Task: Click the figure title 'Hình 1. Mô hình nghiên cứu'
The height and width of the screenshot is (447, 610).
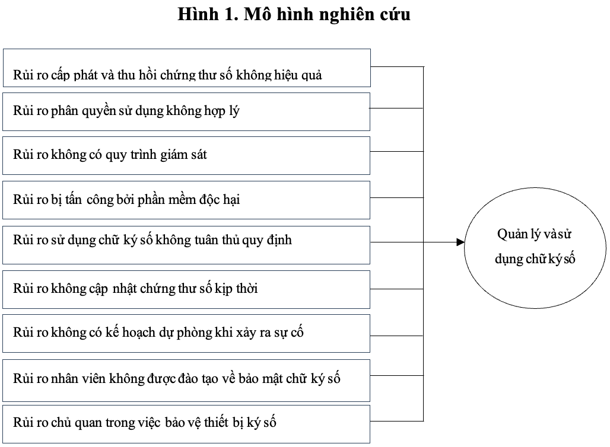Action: point(294,14)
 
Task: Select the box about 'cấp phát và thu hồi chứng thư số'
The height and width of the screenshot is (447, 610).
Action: point(187,68)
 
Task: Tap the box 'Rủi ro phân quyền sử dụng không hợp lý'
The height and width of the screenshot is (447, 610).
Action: point(186,112)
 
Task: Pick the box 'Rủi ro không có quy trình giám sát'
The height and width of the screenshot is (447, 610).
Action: point(186,155)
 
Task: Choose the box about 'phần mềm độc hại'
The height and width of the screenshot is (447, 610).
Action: point(186,200)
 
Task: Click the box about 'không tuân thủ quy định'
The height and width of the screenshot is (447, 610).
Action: point(186,245)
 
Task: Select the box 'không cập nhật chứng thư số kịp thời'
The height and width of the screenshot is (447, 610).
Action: point(186,289)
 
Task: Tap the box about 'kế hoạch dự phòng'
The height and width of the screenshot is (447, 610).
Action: point(186,334)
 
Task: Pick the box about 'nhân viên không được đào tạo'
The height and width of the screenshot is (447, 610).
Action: point(186,381)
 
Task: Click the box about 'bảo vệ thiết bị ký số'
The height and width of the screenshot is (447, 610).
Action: point(186,424)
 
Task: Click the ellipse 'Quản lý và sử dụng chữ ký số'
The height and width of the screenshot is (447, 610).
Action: point(535,248)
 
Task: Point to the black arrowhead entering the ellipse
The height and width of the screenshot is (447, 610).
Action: point(460,242)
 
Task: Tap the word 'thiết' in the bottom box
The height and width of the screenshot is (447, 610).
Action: point(216,422)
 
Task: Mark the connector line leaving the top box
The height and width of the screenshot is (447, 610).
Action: point(397,67)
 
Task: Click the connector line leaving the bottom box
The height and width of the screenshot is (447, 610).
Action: point(397,421)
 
